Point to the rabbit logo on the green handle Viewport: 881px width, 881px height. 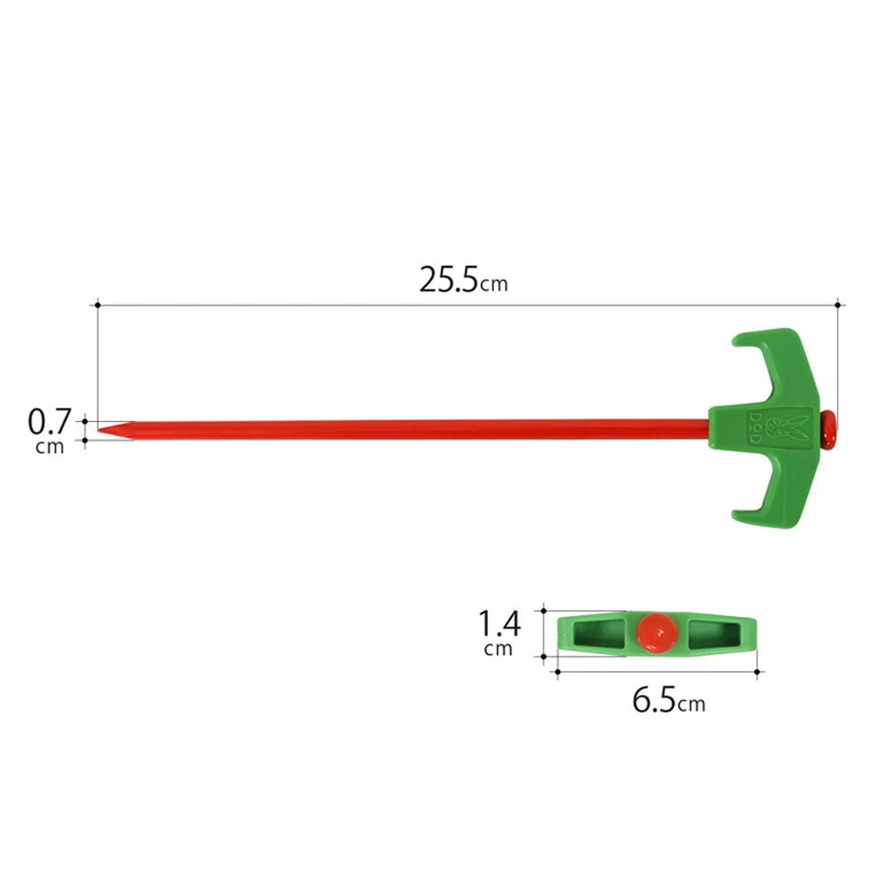776,425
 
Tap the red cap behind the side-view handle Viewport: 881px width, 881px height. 829,426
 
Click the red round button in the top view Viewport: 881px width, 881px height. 656,632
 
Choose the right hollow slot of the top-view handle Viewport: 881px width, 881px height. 715,633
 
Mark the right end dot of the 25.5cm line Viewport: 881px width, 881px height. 837,305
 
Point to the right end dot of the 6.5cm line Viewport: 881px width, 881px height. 758,672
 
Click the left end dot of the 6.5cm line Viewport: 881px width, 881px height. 557,672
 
